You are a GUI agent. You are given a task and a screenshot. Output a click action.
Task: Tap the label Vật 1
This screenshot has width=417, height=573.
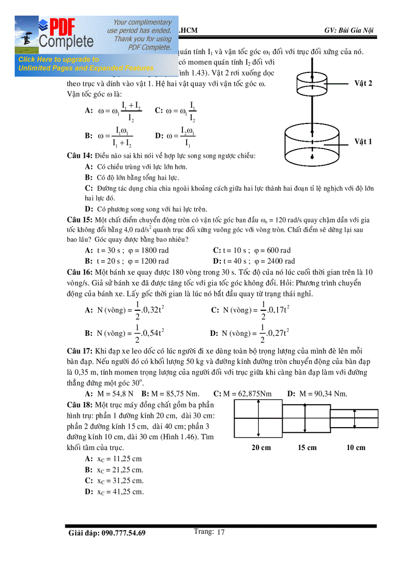[363, 141]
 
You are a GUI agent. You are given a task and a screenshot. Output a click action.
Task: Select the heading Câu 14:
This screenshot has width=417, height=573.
[80, 155]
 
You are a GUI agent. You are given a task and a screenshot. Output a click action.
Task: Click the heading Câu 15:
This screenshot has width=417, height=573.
[80, 219]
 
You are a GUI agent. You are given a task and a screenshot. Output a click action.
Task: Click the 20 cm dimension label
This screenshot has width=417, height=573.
[261, 447]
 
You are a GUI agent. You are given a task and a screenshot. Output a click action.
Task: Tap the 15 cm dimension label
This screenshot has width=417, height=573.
[307, 447]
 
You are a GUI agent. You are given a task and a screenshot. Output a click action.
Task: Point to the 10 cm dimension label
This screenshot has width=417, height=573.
[356, 447]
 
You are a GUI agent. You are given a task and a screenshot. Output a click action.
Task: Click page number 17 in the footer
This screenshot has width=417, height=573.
[221, 532]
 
